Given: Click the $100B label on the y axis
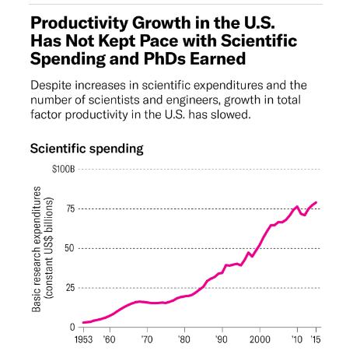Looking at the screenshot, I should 65,169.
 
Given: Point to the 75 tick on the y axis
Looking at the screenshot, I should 71,209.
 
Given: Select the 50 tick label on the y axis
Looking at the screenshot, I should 71,248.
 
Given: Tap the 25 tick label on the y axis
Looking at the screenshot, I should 71,288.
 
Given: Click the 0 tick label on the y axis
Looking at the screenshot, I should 73,327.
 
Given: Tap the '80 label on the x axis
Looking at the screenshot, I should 183,340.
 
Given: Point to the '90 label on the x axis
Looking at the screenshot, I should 221,340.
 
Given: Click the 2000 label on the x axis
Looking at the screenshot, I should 259,340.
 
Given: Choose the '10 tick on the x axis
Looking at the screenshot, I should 296,340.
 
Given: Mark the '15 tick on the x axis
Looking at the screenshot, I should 316,340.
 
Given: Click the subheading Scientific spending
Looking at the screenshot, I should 86,148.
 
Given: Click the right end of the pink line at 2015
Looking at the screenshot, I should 316,202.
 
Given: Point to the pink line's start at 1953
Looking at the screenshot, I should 82,322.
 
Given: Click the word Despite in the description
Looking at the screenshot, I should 52,84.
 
